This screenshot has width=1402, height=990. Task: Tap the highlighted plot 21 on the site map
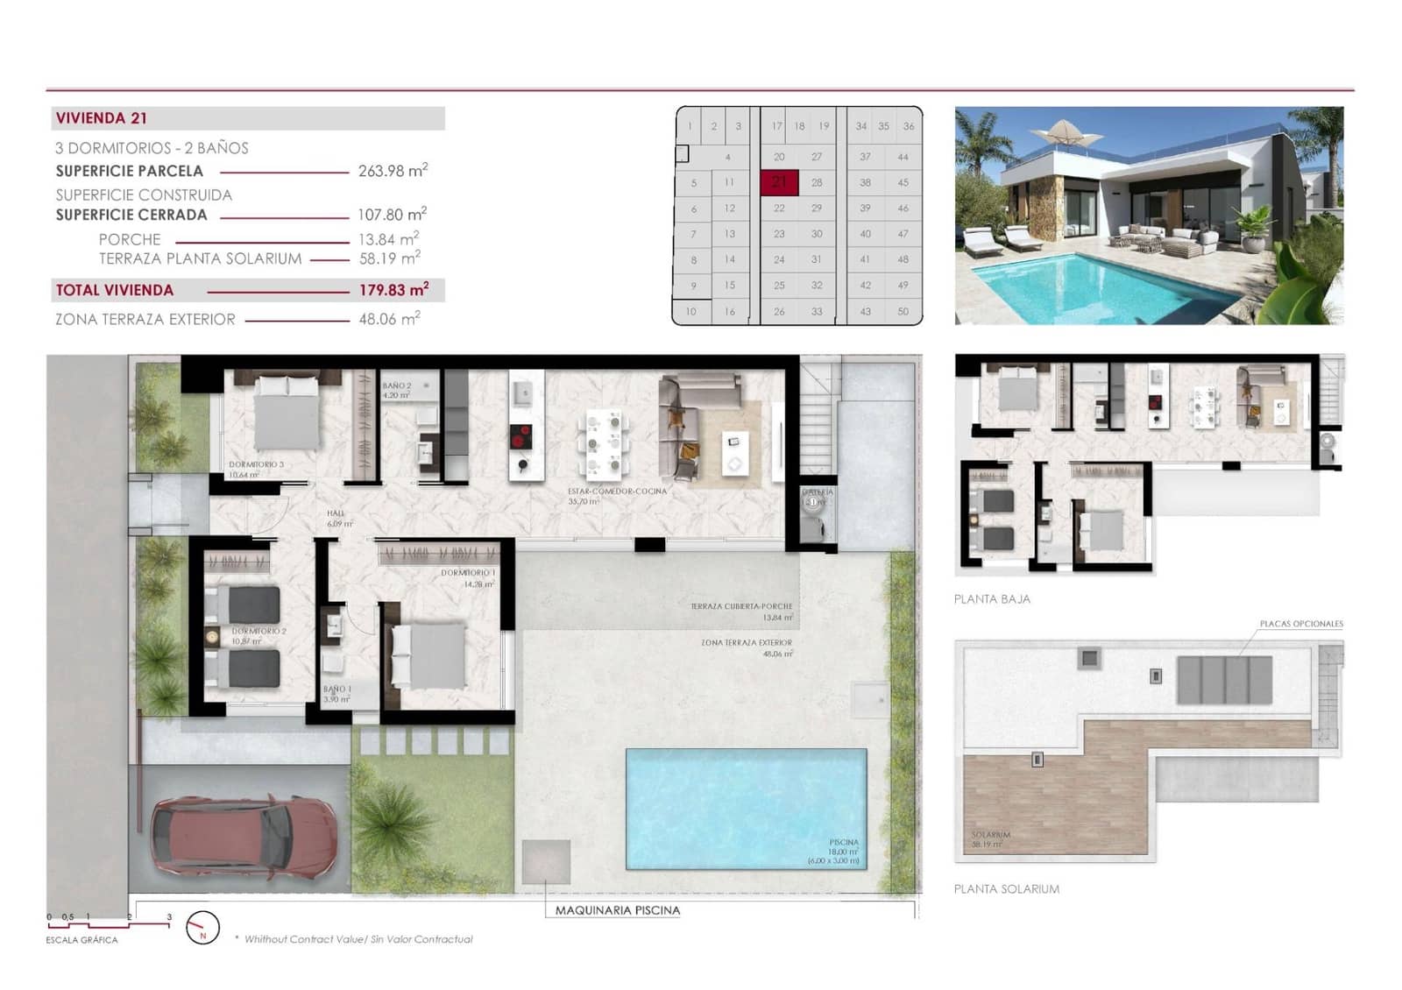click(779, 182)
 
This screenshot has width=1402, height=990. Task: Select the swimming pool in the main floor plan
click(746, 808)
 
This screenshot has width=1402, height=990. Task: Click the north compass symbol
click(203, 928)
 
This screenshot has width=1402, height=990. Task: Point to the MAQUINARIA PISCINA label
click(617, 910)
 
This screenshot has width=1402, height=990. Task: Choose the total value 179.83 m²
click(393, 290)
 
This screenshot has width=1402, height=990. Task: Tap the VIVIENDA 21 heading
click(102, 118)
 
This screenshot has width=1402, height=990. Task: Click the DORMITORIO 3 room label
click(256, 464)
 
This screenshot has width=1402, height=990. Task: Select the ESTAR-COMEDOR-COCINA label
click(617, 491)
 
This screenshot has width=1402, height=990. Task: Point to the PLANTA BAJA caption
click(992, 599)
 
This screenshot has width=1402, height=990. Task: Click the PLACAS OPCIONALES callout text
click(1301, 624)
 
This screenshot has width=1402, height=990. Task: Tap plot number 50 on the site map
click(903, 312)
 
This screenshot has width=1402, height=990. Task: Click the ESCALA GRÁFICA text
click(81, 940)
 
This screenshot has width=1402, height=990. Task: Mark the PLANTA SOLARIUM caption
click(1006, 889)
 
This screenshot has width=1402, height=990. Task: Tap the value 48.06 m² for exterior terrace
click(389, 320)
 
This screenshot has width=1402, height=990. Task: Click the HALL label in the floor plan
click(336, 513)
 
